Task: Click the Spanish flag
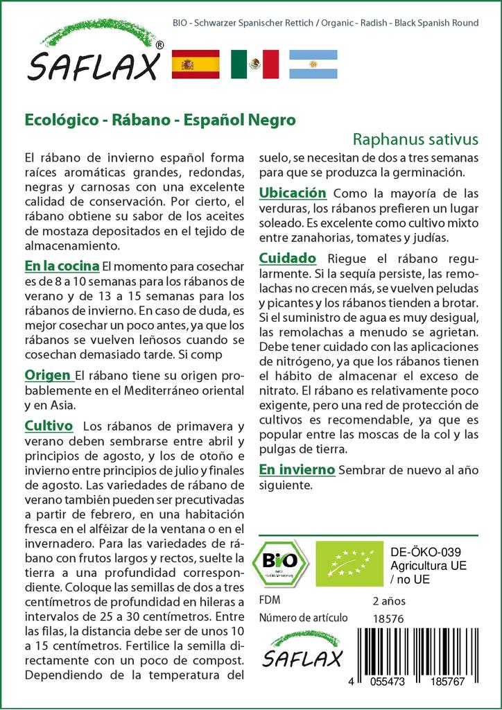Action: [x=196, y=64]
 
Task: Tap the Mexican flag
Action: [x=254, y=64]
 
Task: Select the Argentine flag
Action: [x=313, y=64]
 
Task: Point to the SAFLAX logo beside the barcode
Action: [x=303, y=650]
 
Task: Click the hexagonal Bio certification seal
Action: [x=282, y=562]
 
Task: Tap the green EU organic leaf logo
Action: [x=349, y=562]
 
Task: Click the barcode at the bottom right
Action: [x=424, y=648]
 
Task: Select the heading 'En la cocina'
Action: [x=61, y=266]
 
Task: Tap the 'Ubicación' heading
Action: [x=292, y=192]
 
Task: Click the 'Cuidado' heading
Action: [x=287, y=258]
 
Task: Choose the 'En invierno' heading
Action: [x=297, y=469]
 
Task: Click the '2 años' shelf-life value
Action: [x=389, y=600]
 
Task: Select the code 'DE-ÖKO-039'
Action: [x=421, y=552]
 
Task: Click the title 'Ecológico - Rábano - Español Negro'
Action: [x=160, y=119]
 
